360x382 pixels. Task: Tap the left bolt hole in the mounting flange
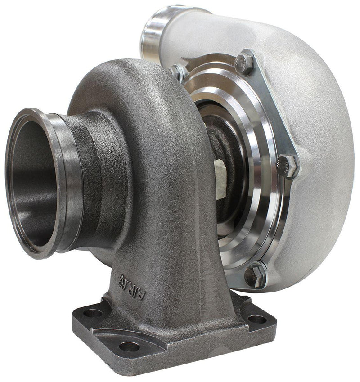(x=93, y=312)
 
